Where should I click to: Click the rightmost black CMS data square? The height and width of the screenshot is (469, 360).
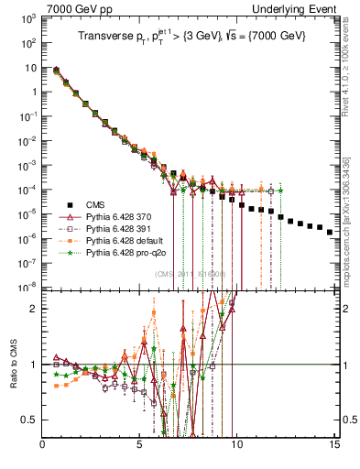tap(330, 232)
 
